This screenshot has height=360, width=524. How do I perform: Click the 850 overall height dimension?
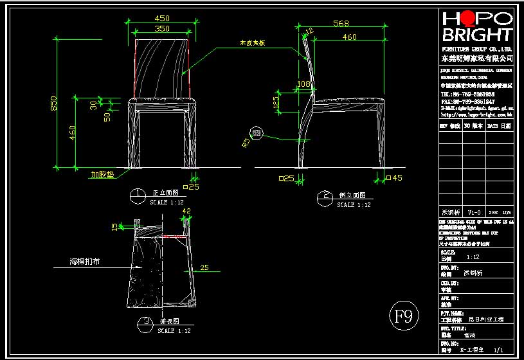(x=55, y=103)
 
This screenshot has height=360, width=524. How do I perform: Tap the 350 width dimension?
(x=161, y=29)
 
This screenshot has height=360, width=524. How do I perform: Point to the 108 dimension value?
(x=304, y=84)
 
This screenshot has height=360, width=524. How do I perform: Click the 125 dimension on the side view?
(x=276, y=102)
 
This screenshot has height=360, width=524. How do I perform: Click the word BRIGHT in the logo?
(x=476, y=35)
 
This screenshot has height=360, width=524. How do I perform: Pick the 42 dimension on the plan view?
(x=187, y=211)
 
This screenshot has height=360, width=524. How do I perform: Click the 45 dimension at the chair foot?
(x=396, y=178)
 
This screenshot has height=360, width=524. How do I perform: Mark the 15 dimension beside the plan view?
(x=115, y=226)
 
